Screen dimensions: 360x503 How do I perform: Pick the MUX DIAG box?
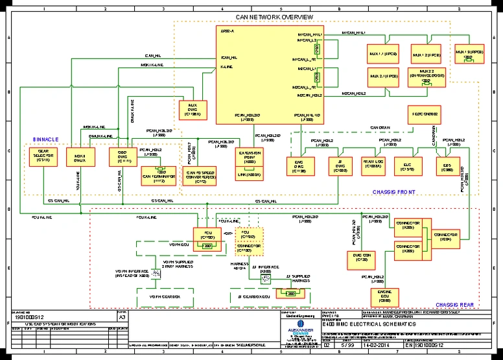click(193, 108)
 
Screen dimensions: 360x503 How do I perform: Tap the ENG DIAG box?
click(299, 167)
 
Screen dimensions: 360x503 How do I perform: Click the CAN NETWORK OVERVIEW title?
click(274, 16)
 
